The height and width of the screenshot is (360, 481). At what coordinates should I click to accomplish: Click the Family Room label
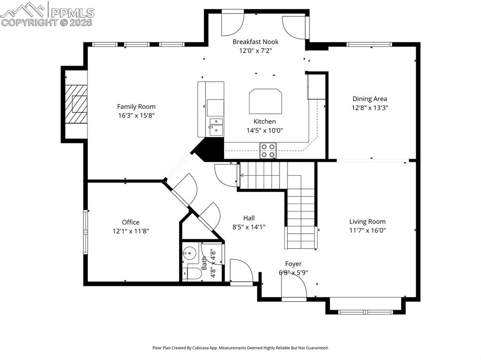(136, 107)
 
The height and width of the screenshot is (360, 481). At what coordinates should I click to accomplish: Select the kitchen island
(265, 101)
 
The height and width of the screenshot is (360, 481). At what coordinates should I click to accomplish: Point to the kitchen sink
(217, 127)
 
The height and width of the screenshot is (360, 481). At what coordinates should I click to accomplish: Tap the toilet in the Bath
(191, 273)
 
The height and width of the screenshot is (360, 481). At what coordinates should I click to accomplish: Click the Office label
(131, 222)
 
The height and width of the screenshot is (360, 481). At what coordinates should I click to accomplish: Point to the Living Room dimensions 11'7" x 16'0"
(367, 230)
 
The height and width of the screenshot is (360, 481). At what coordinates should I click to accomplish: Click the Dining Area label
(370, 99)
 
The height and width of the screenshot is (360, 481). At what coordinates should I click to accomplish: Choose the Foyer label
(293, 264)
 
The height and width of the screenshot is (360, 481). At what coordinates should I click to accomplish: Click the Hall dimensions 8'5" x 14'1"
(249, 227)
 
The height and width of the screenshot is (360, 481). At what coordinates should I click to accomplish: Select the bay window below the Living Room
(366, 311)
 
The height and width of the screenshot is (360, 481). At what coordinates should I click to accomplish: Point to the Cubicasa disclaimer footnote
(240, 348)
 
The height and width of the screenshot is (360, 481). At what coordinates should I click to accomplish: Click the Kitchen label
(264, 122)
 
